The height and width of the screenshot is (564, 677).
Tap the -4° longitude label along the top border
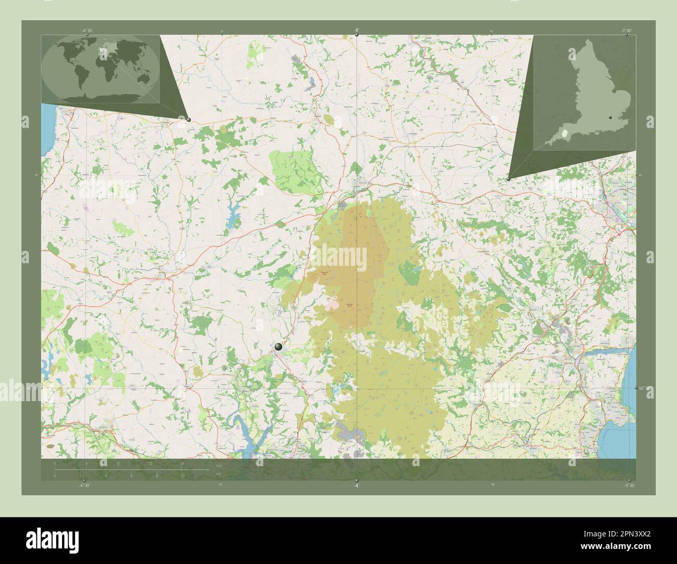(x=356, y=31)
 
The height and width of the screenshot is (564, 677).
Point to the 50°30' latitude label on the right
(x=643, y=388)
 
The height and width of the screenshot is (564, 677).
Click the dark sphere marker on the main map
(x=279, y=346)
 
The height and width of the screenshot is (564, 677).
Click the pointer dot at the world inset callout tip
(x=189, y=120)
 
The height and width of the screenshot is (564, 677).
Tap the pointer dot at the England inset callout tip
(x=508, y=179)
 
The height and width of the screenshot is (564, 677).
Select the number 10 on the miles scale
(x=182, y=476)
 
